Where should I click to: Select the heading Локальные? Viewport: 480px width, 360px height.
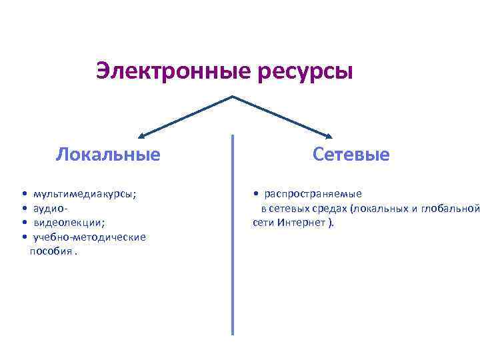click(108, 155)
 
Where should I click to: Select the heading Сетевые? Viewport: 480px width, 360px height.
click(351, 155)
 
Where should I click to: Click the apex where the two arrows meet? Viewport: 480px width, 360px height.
click(233, 97)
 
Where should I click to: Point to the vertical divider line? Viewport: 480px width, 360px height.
click(233, 233)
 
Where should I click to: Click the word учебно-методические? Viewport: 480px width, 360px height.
click(89, 237)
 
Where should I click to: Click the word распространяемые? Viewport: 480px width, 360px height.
click(313, 194)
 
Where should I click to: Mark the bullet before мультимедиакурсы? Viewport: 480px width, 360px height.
click(24, 194)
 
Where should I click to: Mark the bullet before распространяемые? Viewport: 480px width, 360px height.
click(257, 194)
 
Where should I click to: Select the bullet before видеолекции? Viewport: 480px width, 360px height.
click(24, 223)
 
